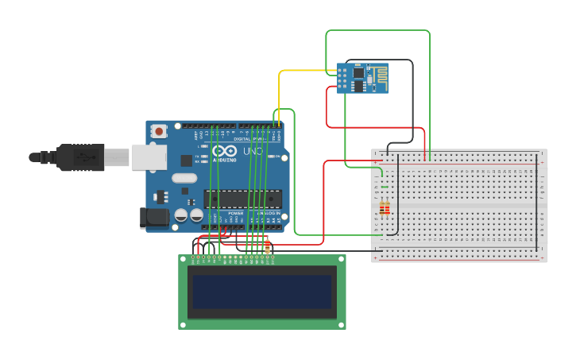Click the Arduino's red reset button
pos(159,131)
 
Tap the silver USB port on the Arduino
pos(149,157)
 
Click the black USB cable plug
pos(79,157)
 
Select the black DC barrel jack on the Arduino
pos(155,217)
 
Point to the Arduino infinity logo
pos(224,151)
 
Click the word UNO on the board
pos(253,151)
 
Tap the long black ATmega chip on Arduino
pos(242,199)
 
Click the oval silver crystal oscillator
pos(184,179)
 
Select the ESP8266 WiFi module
pos(362,78)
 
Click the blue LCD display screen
pos(261,292)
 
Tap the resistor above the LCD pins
pos(268,246)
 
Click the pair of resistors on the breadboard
pos(385,209)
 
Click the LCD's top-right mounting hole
pos(341,259)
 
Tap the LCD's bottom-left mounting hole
pos(184,324)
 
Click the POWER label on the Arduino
pos(236,213)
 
